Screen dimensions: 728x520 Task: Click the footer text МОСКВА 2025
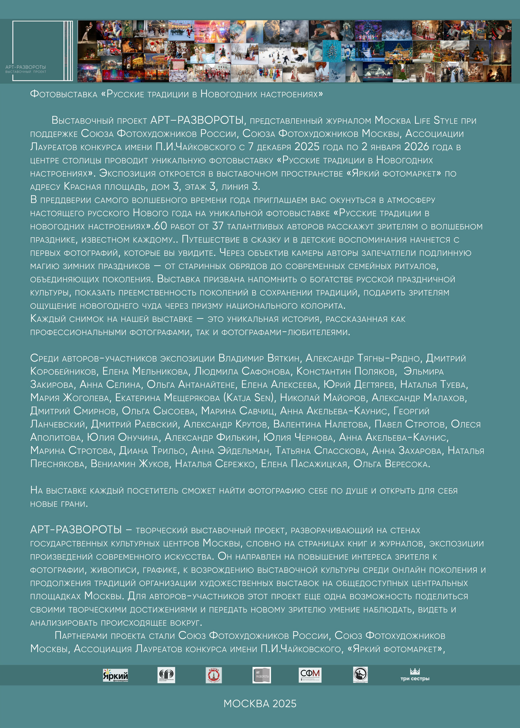(x=260, y=704)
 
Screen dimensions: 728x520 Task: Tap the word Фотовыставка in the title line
(x=64, y=94)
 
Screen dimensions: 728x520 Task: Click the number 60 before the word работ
(x=160, y=226)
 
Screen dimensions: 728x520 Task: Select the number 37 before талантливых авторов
(x=218, y=226)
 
